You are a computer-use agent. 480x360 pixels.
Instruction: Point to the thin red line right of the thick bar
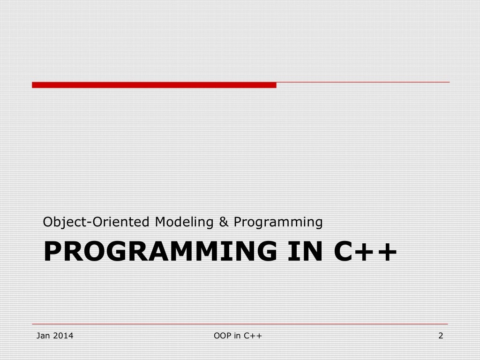pos(363,82)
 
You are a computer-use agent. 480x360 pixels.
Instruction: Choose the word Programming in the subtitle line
pos(278,222)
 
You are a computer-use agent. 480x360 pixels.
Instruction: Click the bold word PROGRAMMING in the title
pos(160,252)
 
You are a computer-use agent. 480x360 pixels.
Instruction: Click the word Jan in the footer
pos(43,336)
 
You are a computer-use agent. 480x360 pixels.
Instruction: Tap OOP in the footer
pos(221,336)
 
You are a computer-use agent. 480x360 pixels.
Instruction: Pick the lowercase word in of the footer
pos(238,336)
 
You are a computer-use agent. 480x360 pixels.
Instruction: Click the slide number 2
pos(440,336)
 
